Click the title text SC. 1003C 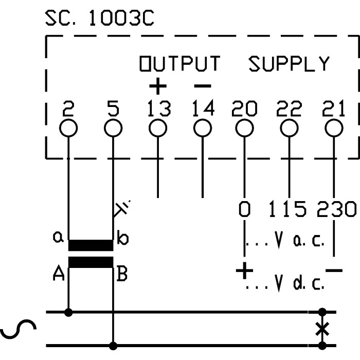pyautogui.click(x=99, y=20)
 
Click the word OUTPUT pyautogui.click(x=180, y=64)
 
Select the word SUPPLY pyautogui.click(x=289, y=64)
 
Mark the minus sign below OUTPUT pyautogui.click(x=202, y=84)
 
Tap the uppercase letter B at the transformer pyautogui.click(x=122, y=276)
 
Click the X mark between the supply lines pyautogui.click(x=322, y=329)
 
